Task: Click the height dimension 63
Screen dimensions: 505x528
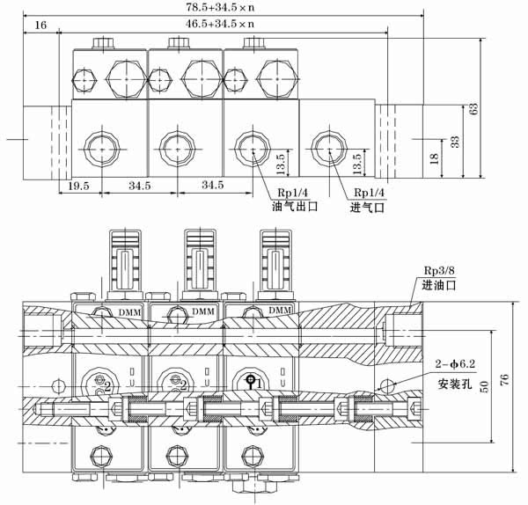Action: [x=473, y=109]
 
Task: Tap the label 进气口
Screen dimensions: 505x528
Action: [x=369, y=208]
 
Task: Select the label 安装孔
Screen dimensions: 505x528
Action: [x=452, y=384]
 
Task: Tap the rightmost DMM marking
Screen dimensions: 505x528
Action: [x=279, y=311]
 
